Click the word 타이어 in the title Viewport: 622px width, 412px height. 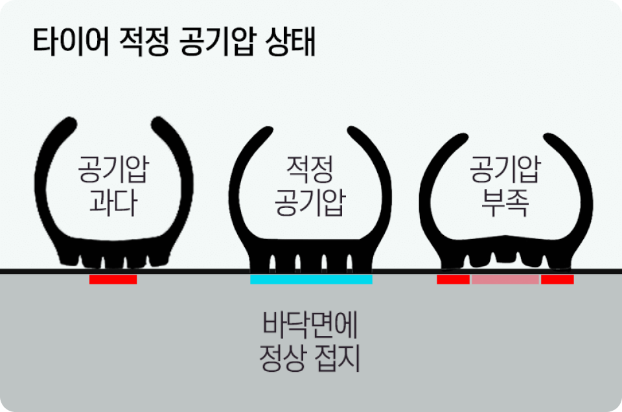[x=71, y=41]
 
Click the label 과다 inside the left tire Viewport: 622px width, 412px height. [x=113, y=202]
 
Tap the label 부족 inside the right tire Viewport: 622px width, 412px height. [x=505, y=203]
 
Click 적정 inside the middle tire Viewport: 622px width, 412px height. [x=310, y=169]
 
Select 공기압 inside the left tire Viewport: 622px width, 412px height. [x=113, y=169]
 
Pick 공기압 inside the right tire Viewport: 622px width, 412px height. [x=505, y=169]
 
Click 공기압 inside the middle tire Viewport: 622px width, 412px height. [x=310, y=202]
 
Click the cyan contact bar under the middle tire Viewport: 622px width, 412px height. [x=312, y=279]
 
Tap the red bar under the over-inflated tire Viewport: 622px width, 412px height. [x=113, y=279]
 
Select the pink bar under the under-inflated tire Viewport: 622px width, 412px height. [x=505, y=279]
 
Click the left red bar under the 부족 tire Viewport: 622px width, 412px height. [x=453, y=279]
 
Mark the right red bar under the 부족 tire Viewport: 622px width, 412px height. [x=557, y=279]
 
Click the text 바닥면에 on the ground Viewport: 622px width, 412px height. [x=310, y=325]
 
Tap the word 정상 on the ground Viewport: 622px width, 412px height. [x=283, y=358]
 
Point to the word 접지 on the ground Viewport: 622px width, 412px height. [x=337, y=358]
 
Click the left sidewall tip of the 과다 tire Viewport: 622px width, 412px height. [x=71, y=122]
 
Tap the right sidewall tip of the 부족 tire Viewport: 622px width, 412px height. [x=549, y=139]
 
